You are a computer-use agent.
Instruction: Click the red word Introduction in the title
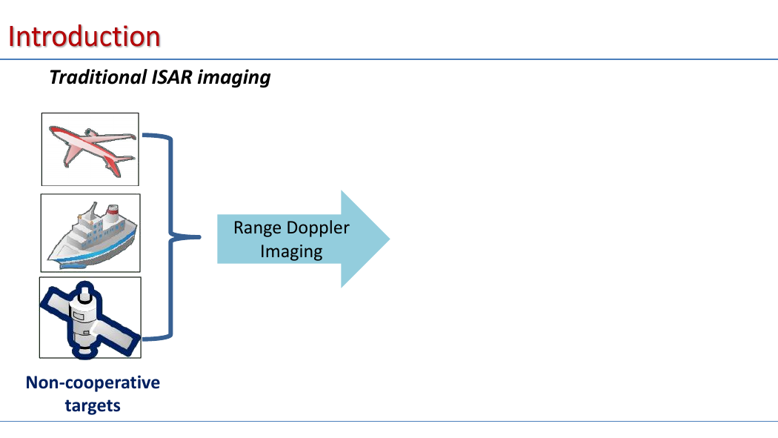[x=84, y=37]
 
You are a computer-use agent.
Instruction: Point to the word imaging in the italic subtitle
[x=233, y=78]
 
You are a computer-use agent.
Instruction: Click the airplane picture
[x=90, y=149]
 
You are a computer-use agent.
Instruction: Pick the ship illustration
[x=90, y=233]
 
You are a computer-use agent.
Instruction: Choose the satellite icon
[x=90, y=317]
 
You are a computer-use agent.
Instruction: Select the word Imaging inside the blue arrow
[x=291, y=251]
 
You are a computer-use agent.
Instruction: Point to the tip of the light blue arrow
[x=390, y=239]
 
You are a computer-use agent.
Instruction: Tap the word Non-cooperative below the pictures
[x=93, y=382]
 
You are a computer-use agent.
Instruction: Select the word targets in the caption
[x=93, y=405]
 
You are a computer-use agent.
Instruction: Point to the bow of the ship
[x=50, y=258]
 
